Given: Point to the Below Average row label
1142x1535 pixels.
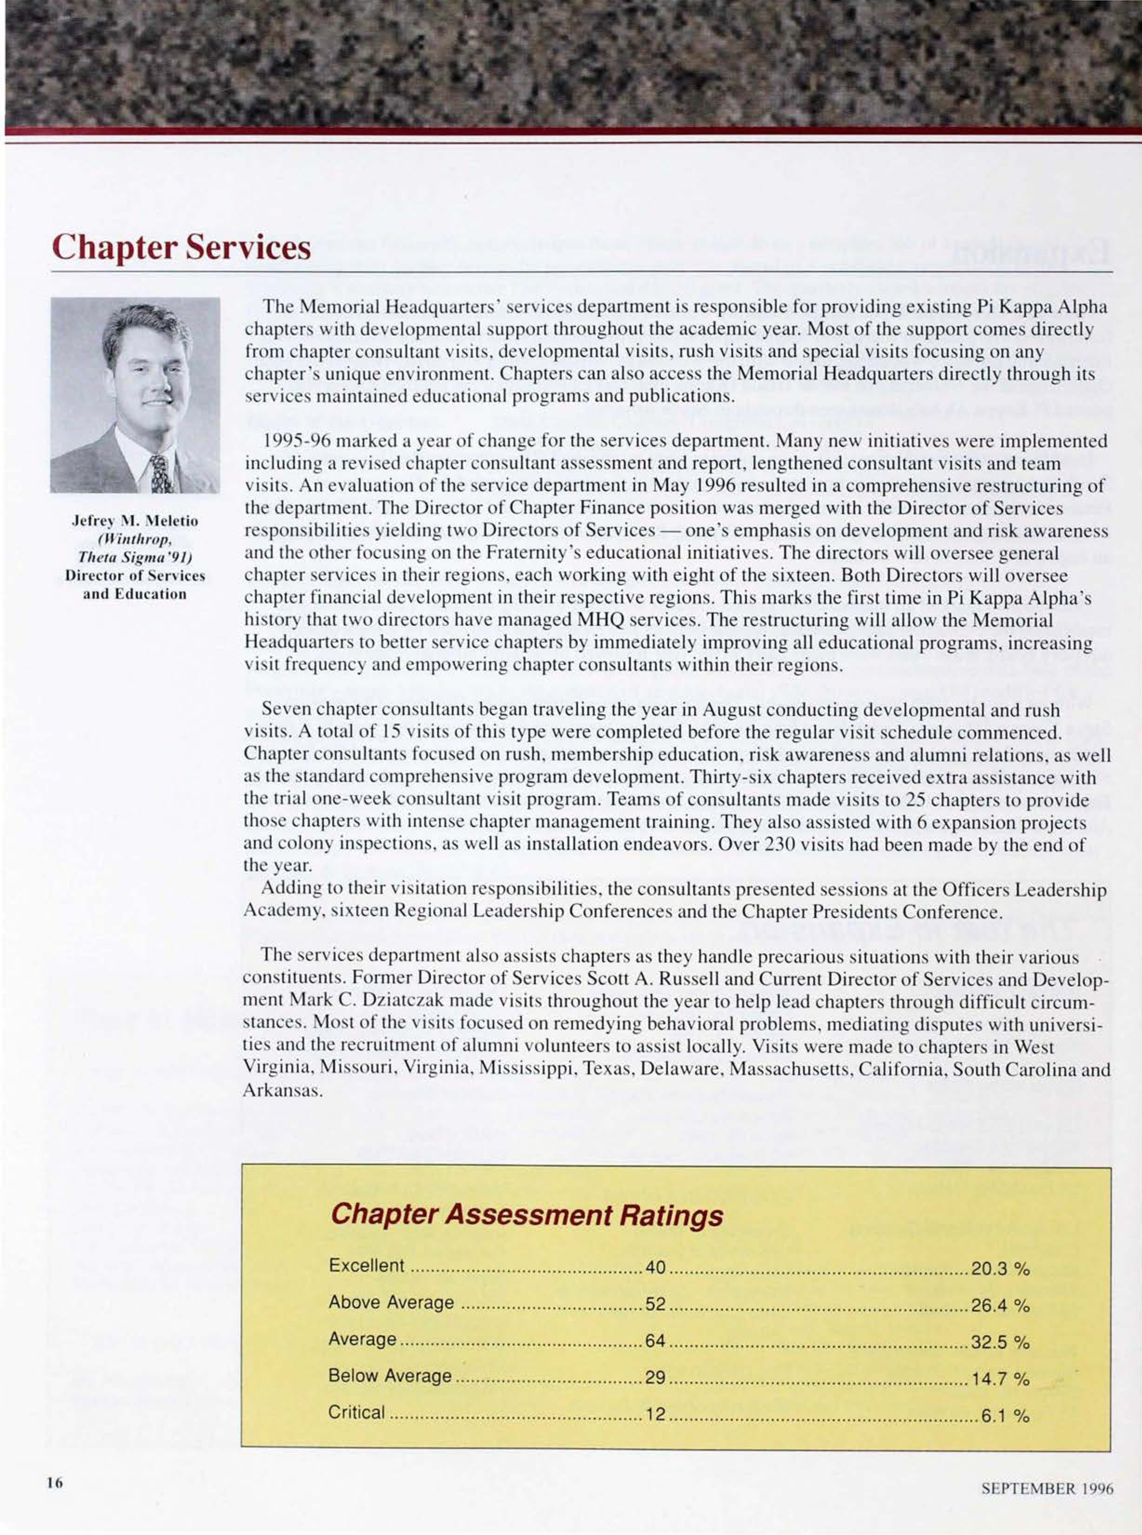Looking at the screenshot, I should click(390, 1376).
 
